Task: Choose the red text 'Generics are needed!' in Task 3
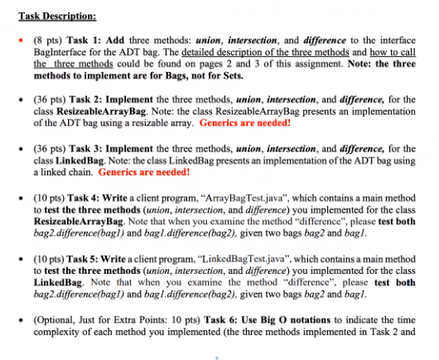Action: (143, 175)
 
